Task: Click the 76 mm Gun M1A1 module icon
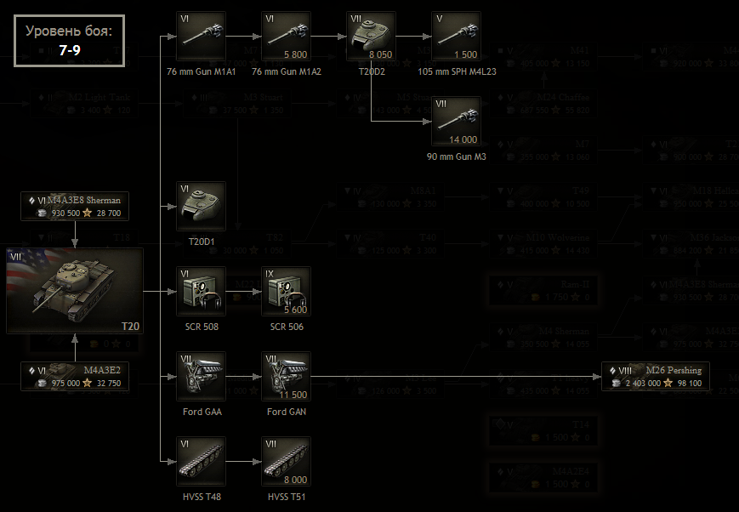point(201,36)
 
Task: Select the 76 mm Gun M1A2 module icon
point(286,36)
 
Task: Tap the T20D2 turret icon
point(371,36)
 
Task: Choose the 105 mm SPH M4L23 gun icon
point(456,36)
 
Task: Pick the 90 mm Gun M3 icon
point(456,121)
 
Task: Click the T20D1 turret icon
point(201,206)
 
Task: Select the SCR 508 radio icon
point(201,291)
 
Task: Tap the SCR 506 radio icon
point(286,291)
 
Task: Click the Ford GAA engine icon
point(201,376)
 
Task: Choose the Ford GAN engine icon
point(286,376)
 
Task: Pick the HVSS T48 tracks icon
point(201,461)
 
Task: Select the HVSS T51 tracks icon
point(286,461)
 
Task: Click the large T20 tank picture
point(75,291)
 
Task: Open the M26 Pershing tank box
point(656,376)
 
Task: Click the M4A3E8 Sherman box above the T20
point(75,206)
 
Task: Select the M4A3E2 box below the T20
point(75,376)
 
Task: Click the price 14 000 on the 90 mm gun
point(463,139)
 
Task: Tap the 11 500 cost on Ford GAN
point(293,394)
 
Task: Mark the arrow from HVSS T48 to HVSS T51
point(243,461)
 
